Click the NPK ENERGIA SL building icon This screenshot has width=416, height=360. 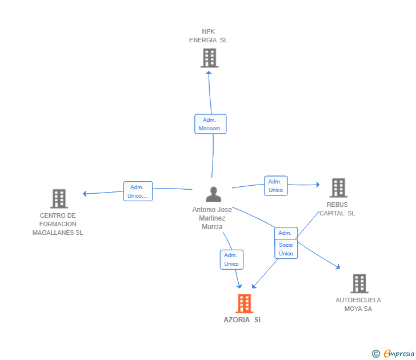pyautogui.click(x=209, y=58)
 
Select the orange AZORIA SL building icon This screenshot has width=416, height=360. pyautogui.click(x=245, y=303)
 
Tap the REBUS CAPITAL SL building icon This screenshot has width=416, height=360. pyautogui.click(x=338, y=188)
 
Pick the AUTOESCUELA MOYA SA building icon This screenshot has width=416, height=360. pyautogui.click(x=359, y=283)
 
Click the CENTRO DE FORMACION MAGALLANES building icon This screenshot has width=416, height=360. pyautogui.click(x=59, y=199)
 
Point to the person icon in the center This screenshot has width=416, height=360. pyautogui.click(x=213, y=194)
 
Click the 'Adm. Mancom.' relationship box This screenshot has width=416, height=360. pyautogui.click(x=210, y=124)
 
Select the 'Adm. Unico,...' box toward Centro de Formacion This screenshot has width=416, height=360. pyautogui.click(x=138, y=191)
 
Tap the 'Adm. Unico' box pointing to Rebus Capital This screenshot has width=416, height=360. pyautogui.click(x=276, y=186)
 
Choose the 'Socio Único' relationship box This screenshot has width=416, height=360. pyautogui.click(x=286, y=249)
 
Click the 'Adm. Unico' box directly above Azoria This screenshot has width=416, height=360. pyautogui.click(x=231, y=259)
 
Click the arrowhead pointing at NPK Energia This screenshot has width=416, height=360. pyautogui.click(x=209, y=73)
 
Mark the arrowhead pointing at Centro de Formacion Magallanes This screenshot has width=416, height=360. pyautogui.click(x=85, y=194)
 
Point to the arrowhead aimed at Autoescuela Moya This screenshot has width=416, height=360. pyautogui.click(x=338, y=267)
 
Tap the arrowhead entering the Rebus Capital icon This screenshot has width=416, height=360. pyautogui.click(x=318, y=185)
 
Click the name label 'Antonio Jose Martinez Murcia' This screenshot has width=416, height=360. pyautogui.click(x=212, y=218)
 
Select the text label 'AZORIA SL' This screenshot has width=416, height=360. pyautogui.click(x=243, y=320)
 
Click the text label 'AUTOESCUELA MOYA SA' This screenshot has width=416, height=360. pyautogui.click(x=358, y=305)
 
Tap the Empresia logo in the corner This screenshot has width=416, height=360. pyautogui.click(x=399, y=353)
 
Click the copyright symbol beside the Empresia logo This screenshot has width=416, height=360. pyautogui.click(x=375, y=354)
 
